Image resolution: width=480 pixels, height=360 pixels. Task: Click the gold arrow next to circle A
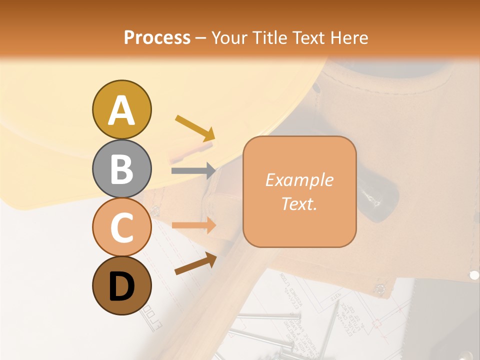(x=195, y=127)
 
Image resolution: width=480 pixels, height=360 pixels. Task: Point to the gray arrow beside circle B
(x=193, y=170)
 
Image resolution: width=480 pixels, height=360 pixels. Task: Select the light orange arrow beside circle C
(x=193, y=225)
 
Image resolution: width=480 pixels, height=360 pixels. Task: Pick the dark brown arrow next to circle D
(x=195, y=263)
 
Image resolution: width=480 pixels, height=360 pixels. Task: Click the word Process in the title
(x=157, y=37)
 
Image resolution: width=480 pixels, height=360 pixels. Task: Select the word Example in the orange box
(x=299, y=180)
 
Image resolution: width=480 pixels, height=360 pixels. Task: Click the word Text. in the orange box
(x=299, y=203)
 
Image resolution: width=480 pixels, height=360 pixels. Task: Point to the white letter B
(x=121, y=169)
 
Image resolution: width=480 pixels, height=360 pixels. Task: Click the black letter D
(x=121, y=287)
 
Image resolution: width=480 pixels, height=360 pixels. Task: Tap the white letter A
(x=121, y=110)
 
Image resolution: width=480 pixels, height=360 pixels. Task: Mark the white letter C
(x=121, y=228)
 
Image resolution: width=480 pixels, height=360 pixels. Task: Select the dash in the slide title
(x=200, y=38)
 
